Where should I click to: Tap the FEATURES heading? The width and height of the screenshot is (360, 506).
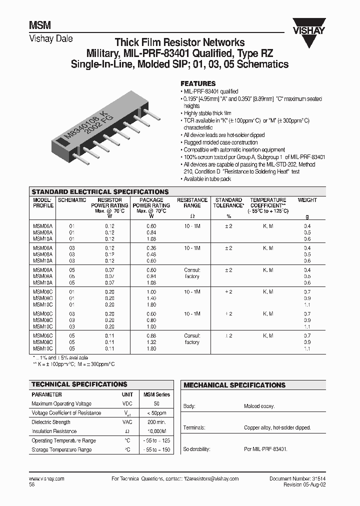pyautogui.click(x=198, y=83)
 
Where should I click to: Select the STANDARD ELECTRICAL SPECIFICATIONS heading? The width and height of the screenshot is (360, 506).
pyautogui.click(x=99, y=191)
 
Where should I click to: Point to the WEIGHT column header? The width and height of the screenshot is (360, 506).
pyautogui.click(x=307, y=200)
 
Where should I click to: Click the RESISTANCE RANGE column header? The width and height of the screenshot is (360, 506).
pyautogui.click(x=192, y=202)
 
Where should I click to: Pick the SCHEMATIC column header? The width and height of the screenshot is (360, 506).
pyautogui.click(x=72, y=200)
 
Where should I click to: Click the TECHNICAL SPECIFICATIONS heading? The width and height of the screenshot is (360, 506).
pyautogui.click(x=79, y=384)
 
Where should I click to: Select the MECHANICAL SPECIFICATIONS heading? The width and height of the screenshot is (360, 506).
pyautogui.click(x=234, y=385)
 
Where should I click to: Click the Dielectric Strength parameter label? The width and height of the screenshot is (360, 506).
pyautogui.click(x=51, y=422)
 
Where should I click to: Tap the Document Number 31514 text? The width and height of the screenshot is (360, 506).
pyautogui.click(x=297, y=478)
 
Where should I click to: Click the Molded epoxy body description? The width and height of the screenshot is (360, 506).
pyautogui.click(x=259, y=406)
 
